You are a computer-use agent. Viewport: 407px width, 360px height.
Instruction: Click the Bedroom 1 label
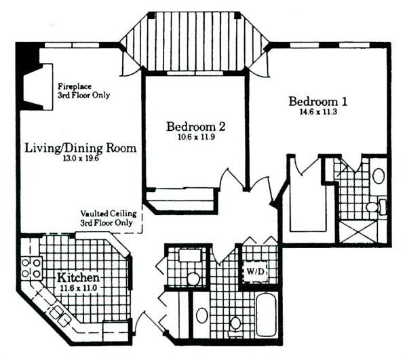[317, 102]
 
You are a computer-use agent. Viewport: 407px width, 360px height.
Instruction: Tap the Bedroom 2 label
[195, 127]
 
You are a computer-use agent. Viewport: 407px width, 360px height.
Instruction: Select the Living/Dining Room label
[81, 148]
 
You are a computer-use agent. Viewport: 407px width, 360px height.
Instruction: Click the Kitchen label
[78, 278]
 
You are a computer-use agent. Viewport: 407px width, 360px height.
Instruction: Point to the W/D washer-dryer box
[255, 272]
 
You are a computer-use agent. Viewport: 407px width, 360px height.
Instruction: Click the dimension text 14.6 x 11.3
[318, 113]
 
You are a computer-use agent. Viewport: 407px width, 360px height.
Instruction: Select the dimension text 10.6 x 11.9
[196, 137]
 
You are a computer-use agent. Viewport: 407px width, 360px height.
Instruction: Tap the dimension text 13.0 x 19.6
[81, 159]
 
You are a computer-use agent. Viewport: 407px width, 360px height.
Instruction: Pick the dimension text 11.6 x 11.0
[79, 288]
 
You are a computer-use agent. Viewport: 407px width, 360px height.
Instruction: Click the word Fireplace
[75, 86]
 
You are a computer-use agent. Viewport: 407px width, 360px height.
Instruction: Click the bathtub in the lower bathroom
[267, 315]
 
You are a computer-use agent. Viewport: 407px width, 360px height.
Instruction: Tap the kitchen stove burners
[31, 268]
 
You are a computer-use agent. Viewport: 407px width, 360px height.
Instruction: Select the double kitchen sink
[60, 316]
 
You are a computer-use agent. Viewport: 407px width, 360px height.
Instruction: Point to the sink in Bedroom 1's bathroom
[379, 176]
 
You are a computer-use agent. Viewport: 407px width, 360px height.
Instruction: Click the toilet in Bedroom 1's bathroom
[375, 207]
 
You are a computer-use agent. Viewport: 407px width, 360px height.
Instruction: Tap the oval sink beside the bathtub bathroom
[202, 315]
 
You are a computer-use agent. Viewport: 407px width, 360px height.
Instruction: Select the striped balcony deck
[195, 41]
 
